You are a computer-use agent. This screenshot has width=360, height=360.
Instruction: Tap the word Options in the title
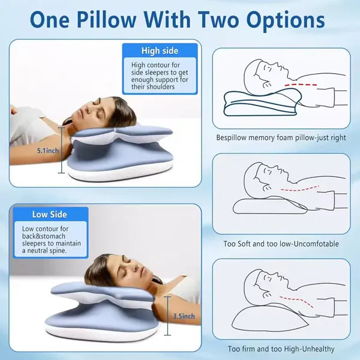(x=281, y=19)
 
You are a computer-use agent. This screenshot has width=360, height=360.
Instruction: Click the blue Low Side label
(x=49, y=214)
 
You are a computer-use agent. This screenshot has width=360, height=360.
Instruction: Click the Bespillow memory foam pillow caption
(x=281, y=137)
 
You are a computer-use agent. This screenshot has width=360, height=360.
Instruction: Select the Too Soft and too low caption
(x=281, y=244)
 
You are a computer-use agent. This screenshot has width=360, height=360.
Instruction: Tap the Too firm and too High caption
(x=281, y=349)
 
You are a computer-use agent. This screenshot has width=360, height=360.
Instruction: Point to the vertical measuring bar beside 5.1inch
(x=61, y=151)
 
